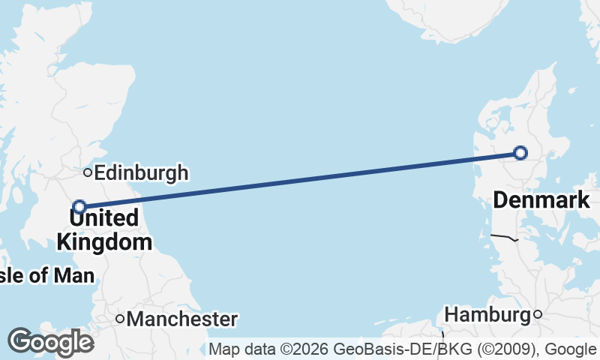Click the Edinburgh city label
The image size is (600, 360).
click(142, 173)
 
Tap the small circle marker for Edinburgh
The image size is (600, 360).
click(88, 172)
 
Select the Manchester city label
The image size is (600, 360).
click(182, 319)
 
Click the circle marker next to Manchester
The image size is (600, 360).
click(120, 319)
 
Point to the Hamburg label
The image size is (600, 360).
click(487, 314)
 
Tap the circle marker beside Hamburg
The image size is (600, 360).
click(537, 314)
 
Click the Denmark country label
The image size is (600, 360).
click(541, 200)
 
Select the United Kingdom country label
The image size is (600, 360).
click(104, 230)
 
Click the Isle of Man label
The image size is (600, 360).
click(46, 275)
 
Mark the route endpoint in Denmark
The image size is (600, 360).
click(520, 153)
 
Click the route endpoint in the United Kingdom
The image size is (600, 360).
click(79, 206)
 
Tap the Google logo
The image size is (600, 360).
click(50, 343)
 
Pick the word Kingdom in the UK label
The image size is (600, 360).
click(104, 242)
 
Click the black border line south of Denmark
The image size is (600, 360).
click(504, 238)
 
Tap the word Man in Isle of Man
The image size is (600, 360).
click(74, 275)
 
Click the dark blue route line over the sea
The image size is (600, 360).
click(300, 180)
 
